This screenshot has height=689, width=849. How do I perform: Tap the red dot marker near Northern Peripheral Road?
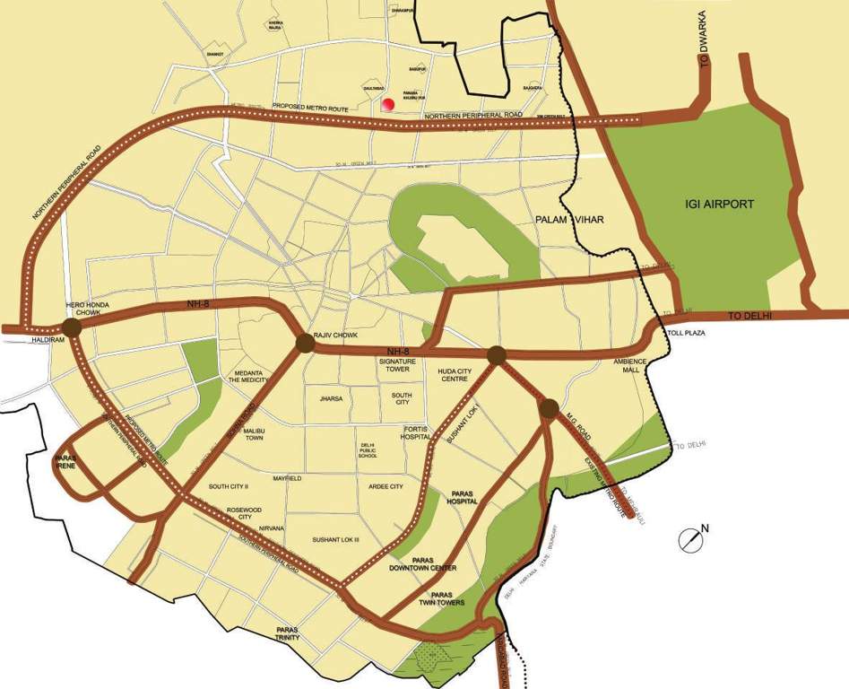pyautogui.click(x=388, y=105)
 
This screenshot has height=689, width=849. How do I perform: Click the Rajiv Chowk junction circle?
pyautogui.click(x=305, y=343)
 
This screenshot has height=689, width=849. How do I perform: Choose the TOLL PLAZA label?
pyautogui.click(x=681, y=333)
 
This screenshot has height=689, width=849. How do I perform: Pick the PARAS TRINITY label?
pyautogui.click(x=288, y=633)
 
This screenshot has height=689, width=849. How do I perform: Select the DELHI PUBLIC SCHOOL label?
pyautogui.click(x=368, y=449)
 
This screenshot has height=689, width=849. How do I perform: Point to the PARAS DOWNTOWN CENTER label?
pyautogui.click(x=423, y=563)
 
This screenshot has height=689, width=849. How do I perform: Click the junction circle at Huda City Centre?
pyautogui.click(x=496, y=355)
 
